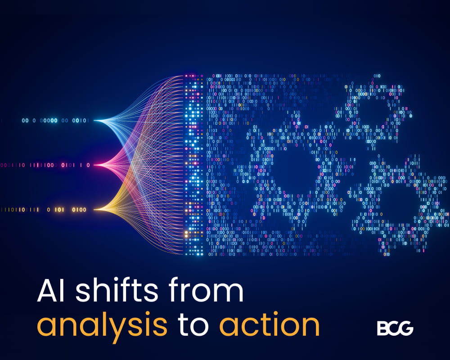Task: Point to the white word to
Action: point(193,324)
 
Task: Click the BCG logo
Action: point(395,328)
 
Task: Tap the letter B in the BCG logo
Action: point(382,328)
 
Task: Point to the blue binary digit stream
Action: point(54,121)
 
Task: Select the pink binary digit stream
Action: point(45,165)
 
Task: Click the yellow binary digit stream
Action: point(44,210)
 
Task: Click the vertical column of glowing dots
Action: point(193,165)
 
